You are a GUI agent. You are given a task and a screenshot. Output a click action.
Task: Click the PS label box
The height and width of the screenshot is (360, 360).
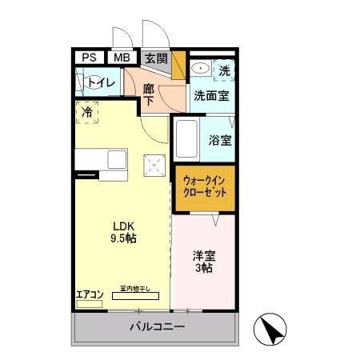pyautogui.click(x=90, y=58)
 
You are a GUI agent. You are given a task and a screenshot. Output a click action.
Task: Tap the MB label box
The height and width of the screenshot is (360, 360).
pyautogui.click(x=121, y=58)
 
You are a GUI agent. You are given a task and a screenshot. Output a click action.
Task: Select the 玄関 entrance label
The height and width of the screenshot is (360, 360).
pyautogui.click(x=157, y=58)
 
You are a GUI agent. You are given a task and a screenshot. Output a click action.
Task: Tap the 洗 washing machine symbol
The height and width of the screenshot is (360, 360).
pyautogui.click(x=225, y=71)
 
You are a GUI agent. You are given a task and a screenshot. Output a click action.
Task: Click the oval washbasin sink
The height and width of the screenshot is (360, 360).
pyautogui.click(x=200, y=70)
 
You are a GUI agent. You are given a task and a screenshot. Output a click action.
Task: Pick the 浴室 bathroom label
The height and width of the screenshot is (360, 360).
pyautogui.click(x=220, y=141)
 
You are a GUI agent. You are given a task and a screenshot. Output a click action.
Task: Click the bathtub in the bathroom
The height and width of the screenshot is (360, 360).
pyautogui.click(x=186, y=140)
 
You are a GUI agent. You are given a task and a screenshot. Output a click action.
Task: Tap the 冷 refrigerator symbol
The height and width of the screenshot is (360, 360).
pyautogui.click(x=87, y=112)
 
